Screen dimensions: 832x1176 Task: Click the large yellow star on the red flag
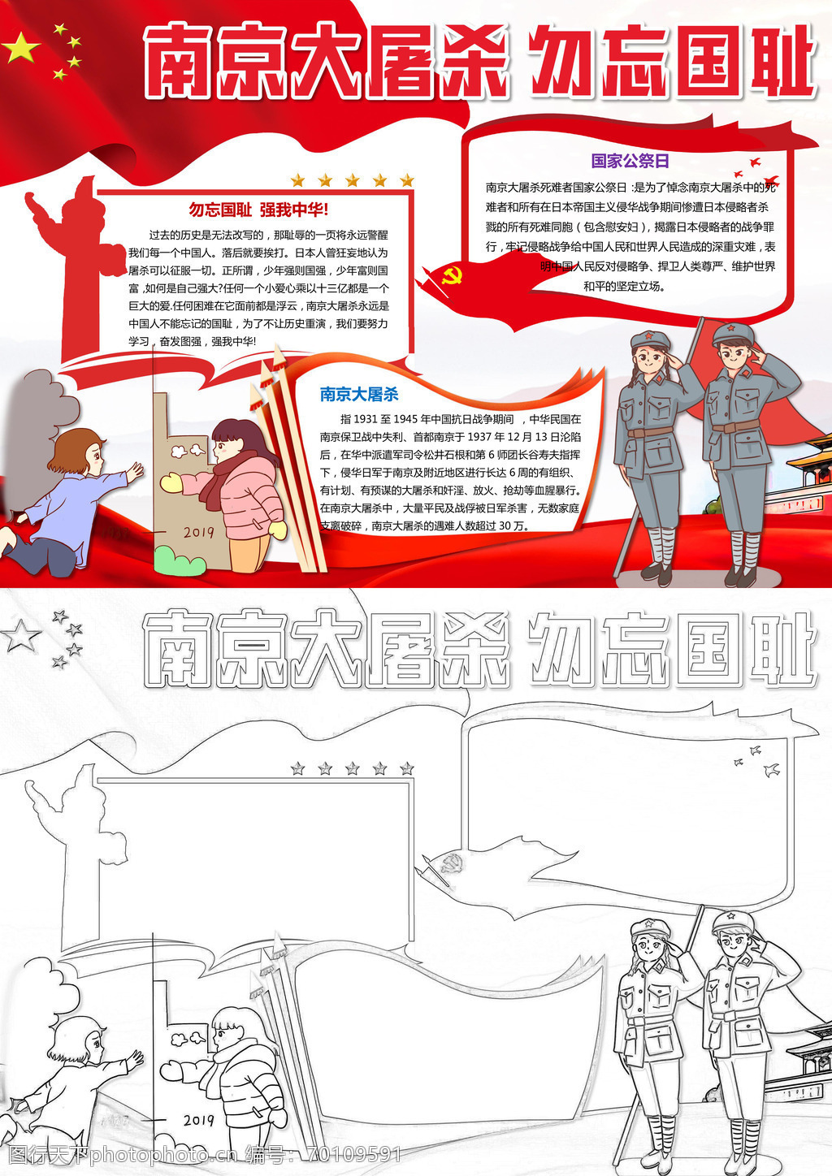(x=21, y=47)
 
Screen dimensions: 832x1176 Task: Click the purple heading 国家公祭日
(x=630, y=161)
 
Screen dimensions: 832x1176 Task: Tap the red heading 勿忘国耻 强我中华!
(x=258, y=210)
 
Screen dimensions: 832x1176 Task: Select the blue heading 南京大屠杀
(x=359, y=394)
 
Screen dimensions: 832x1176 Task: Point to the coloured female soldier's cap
(x=650, y=339)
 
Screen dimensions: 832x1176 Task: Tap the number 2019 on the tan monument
(x=198, y=532)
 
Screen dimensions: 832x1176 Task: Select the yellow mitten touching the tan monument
(x=171, y=482)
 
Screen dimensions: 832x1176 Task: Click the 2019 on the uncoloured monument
(x=198, y=1120)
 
